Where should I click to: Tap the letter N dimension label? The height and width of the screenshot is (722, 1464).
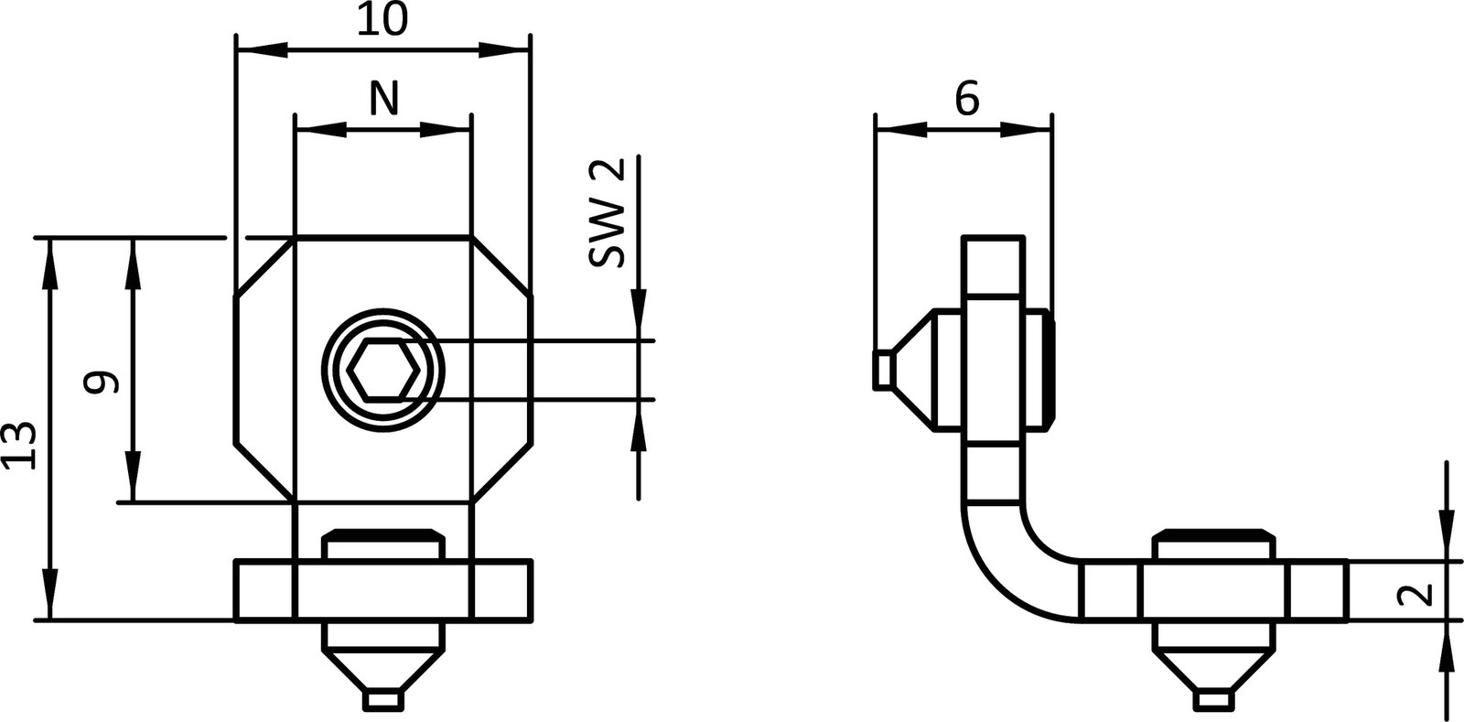383,98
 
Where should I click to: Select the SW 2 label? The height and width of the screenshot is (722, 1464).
606,212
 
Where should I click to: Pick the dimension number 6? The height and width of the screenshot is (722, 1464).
966,97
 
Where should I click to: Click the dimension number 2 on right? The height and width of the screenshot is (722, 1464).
1416,596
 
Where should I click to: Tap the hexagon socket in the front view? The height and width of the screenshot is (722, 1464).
383,370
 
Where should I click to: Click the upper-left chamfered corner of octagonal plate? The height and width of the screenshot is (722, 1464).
264,267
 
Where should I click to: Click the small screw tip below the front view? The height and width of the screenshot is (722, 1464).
383,700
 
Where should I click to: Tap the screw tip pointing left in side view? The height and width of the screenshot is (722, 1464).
883,370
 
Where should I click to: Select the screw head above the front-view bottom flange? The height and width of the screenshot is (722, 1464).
383,544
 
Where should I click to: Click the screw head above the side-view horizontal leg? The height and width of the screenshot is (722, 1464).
1212,544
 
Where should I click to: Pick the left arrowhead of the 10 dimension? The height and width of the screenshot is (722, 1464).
261,48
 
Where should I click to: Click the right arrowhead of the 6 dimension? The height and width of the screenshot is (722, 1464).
1026,131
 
